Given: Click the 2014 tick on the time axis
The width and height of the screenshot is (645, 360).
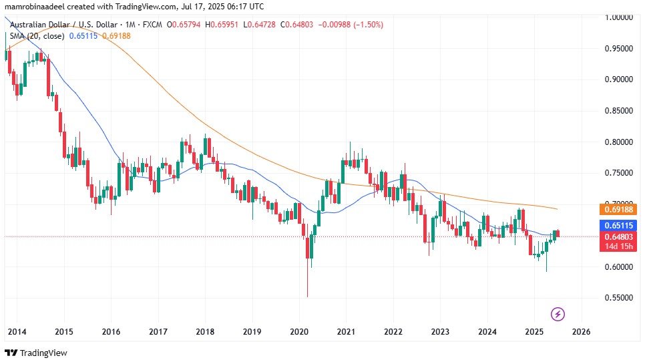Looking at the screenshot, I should pos(17,331).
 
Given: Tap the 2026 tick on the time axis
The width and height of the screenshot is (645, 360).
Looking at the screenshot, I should pos(581,331).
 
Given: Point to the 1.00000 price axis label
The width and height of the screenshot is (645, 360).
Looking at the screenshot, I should pos(619,17).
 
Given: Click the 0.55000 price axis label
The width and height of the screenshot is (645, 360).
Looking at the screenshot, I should pos(619,298).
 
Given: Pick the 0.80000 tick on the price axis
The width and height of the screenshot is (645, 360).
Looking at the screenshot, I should pos(619,142).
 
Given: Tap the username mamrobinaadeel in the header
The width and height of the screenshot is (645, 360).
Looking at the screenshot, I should pos(35,6).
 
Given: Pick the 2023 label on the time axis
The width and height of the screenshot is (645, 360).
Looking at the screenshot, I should pos(440,331).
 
